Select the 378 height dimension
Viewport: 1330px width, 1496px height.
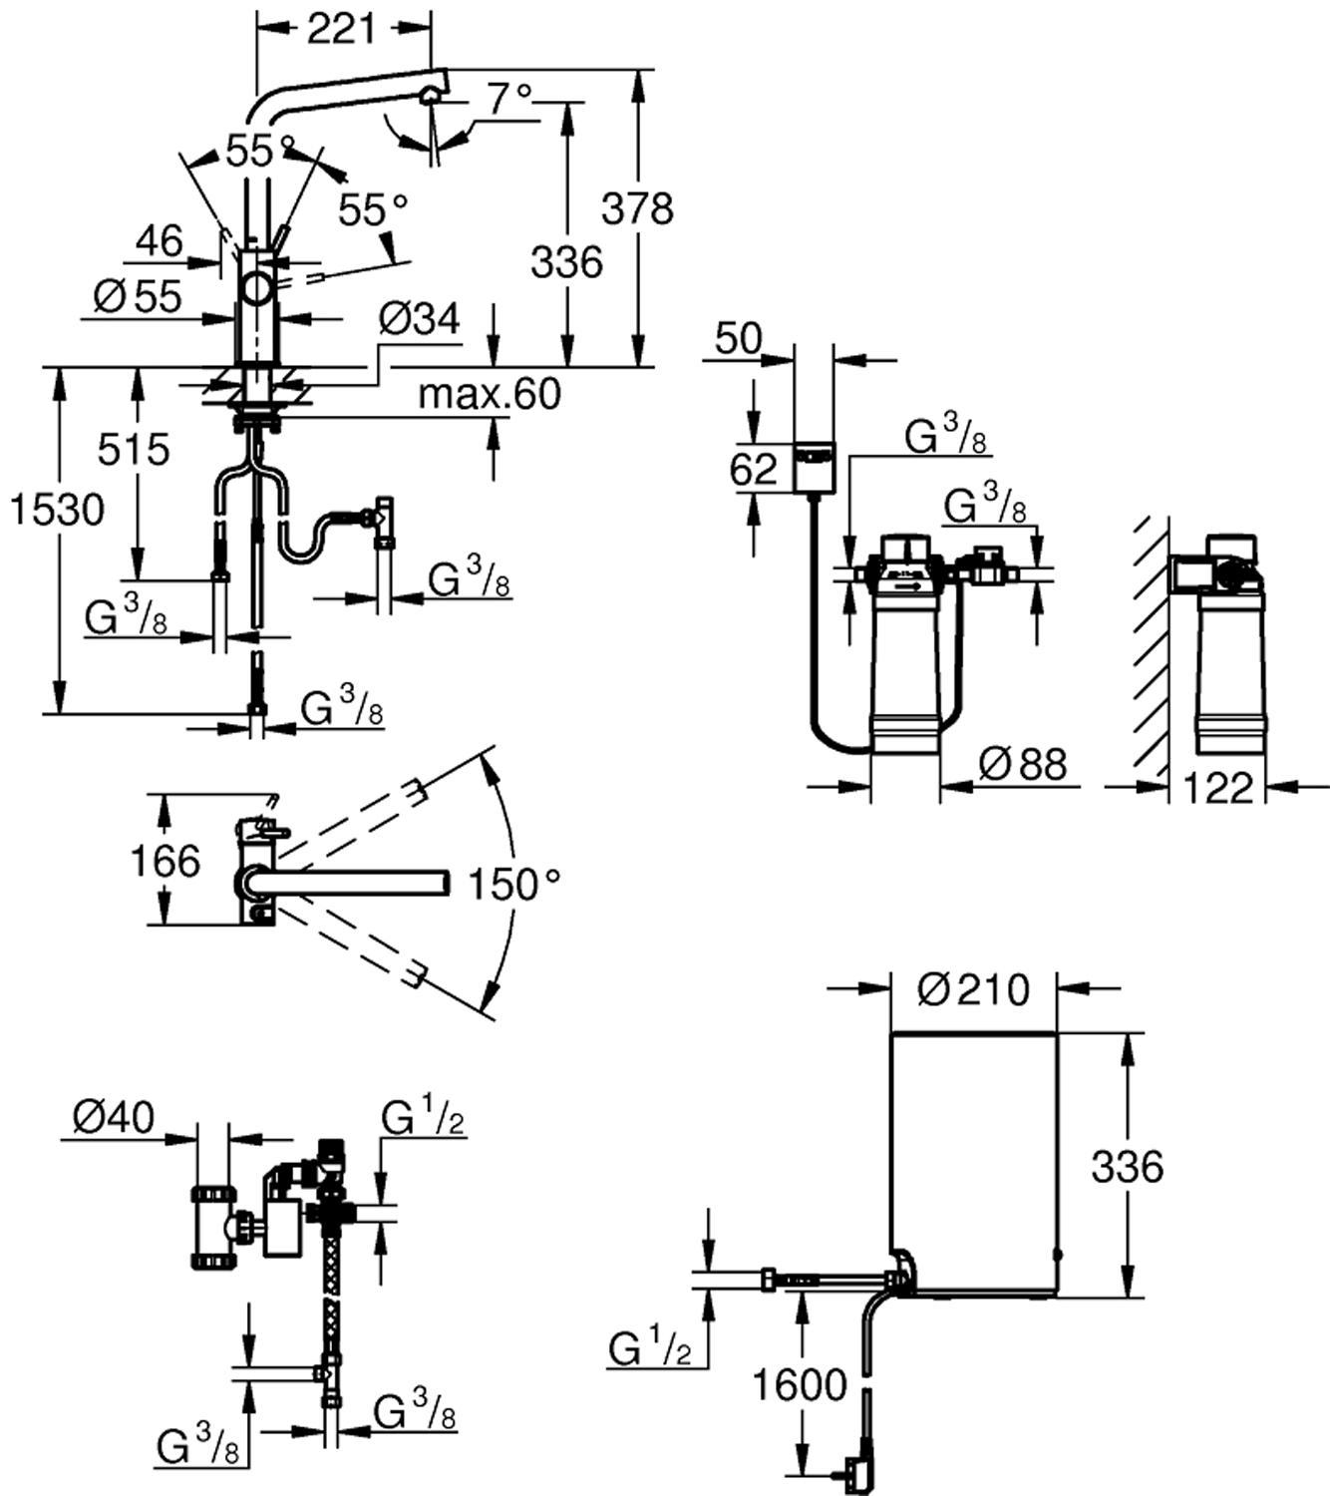click(x=637, y=208)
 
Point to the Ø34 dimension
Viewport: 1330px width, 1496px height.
click(x=420, y=319)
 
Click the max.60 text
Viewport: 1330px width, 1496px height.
click(x=490, y=395)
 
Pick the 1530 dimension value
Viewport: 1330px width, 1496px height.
click(x=57, y=510)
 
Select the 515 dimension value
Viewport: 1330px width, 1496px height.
click(x=134, y=450)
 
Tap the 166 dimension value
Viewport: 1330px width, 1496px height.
click(x=166, y=861)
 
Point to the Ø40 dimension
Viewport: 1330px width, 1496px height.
click(x=114, y=1117)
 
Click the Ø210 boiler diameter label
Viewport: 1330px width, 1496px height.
click(x=973, y=989)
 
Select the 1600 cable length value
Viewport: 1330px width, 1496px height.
click(x=800, y=1384)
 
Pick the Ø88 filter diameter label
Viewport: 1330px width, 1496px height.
click(x=1022, y=765)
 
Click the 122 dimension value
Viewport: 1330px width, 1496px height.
click(x=1218, y=788)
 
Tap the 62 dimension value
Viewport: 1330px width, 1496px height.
click(x=753, y=469)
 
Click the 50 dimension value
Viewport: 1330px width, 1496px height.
click(x=739, y=339)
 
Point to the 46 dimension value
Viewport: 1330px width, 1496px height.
click(x=160, y=240)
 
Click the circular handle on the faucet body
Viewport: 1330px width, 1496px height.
click(x=256, y=290)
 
